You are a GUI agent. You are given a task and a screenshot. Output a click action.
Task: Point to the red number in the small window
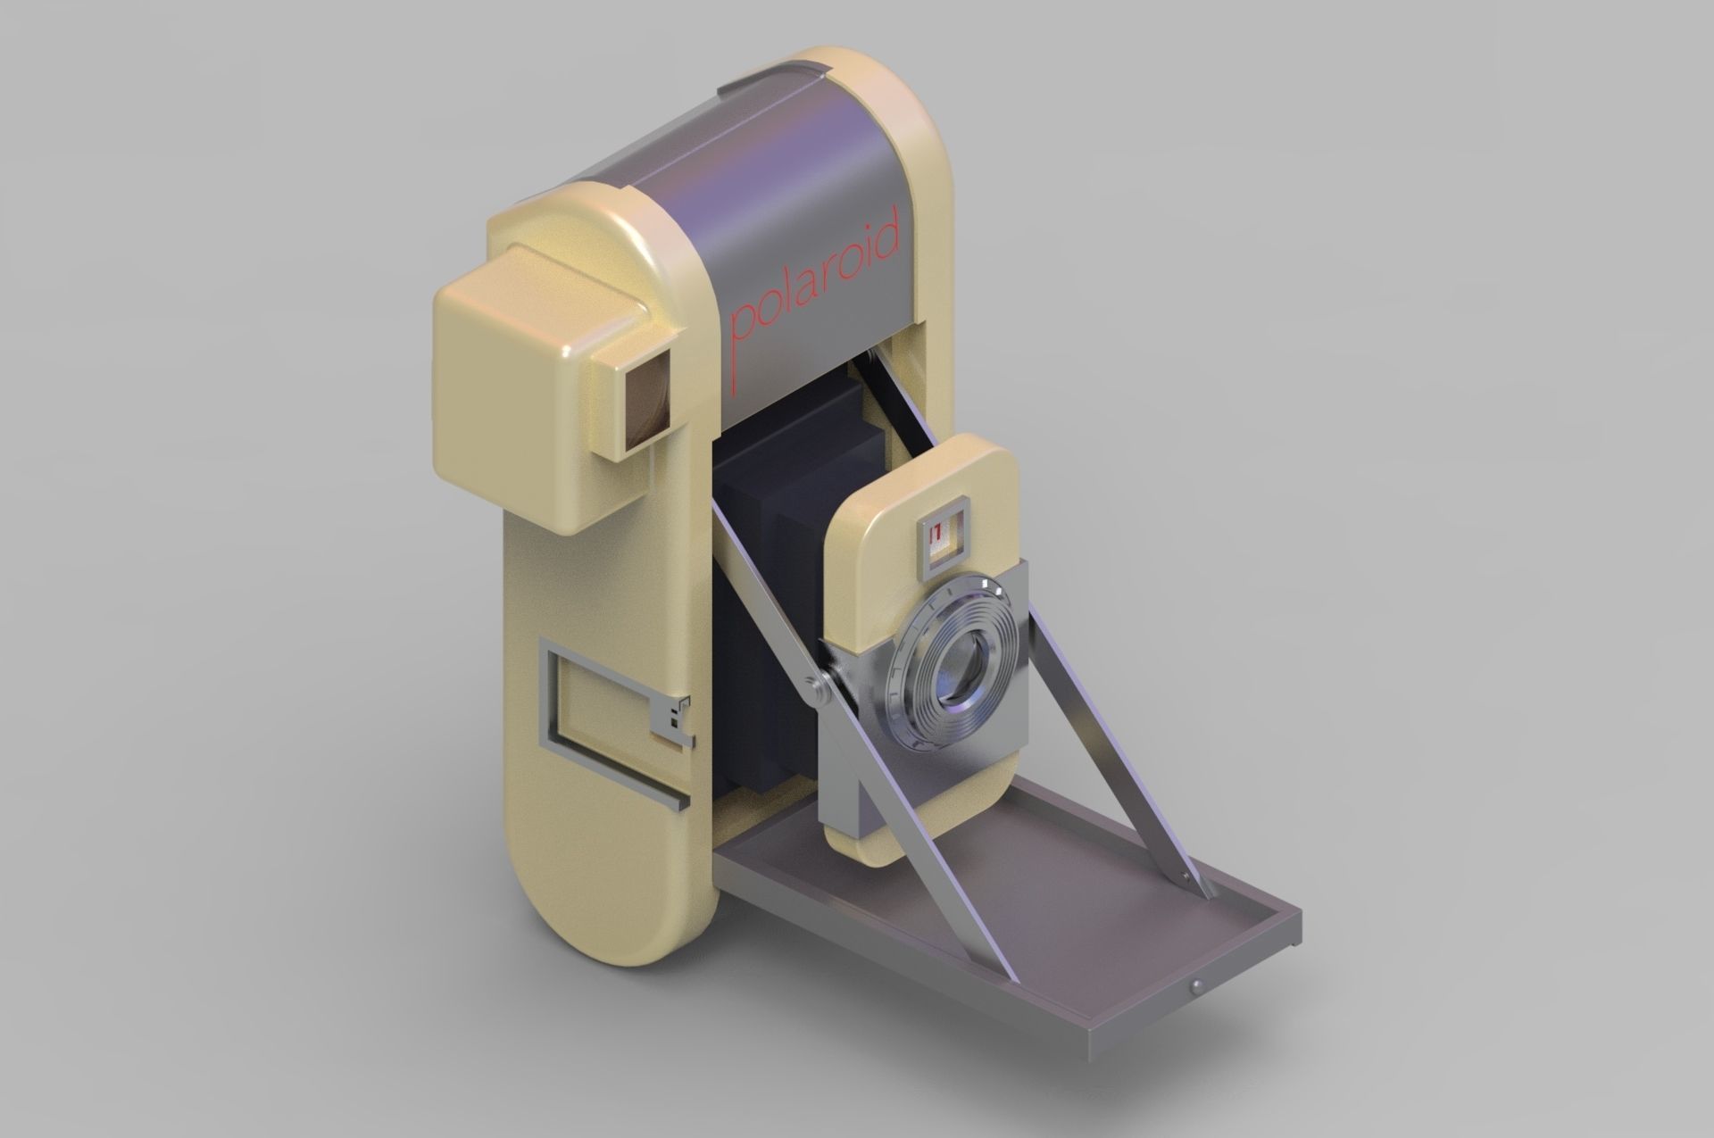pyautogui.click(x=936, y=536)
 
